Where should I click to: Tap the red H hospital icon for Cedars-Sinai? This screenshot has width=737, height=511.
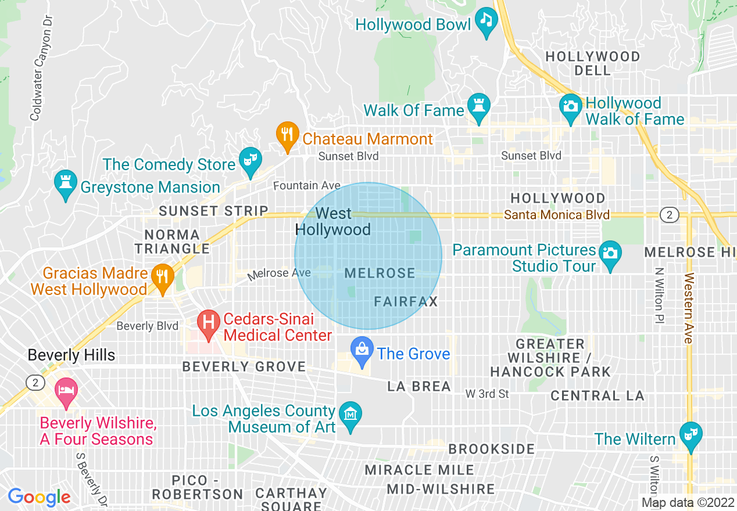(208, 325)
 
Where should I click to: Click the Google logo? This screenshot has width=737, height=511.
(39, 497)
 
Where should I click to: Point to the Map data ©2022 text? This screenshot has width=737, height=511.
(688, 502)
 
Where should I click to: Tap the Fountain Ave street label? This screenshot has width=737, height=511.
(307, 186)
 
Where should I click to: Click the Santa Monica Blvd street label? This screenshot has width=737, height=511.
(557, 215)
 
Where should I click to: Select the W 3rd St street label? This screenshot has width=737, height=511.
(487, 394)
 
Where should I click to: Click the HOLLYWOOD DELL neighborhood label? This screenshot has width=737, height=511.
(592, 63)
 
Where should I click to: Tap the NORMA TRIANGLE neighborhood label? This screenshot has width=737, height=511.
(172, 242)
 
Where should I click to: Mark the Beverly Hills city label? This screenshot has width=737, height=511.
(71, 355)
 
